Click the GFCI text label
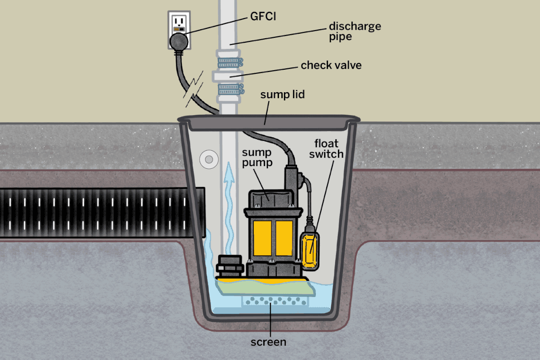[x=263, y=16]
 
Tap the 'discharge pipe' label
[x=355, y=31]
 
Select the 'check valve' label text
[x=331, y=65]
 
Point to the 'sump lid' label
[x=283, y=94]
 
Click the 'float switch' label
[x=326, y=149]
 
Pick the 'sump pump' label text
[x=257, y=157]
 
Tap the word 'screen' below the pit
[x=268, y=342]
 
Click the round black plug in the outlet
[x=179, y=42]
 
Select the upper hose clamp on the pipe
[x=230, y=63]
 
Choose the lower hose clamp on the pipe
[x=231, y=89]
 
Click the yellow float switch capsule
[x=310, y=251]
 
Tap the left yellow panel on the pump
[x=262, y=238]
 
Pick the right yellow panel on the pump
[x=284, y=238]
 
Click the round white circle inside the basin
[x=209, y=159]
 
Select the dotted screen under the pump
[x=275, y=301]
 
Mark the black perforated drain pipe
[x=103, y=213]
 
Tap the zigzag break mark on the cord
[x=193, y=89]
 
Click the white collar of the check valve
[x=228, y=76]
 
